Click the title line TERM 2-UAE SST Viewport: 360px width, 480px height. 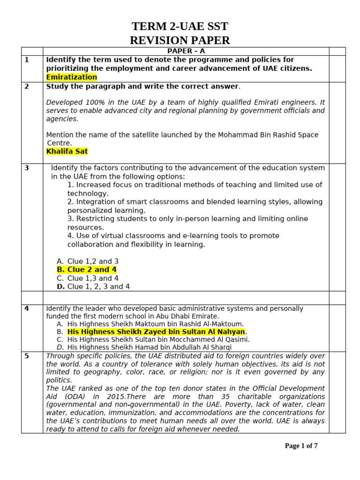pos(180,26)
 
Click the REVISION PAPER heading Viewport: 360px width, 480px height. pos(180,40)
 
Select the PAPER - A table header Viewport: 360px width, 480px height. pos(186,51)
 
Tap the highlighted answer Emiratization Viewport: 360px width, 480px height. pos(71,77)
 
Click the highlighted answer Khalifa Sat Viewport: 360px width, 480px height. pos(67,151)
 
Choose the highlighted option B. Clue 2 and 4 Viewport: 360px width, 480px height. pos(87,270)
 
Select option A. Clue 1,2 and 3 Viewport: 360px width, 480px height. pos(88,261)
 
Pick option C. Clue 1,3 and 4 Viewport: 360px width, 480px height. pos(88,278)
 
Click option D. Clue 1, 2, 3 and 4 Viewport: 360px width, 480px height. pos(93,286)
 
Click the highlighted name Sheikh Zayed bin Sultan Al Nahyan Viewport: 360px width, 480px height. pos(156,332)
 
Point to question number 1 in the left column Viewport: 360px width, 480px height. pos(27,60)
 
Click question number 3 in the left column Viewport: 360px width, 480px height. pos(27,168)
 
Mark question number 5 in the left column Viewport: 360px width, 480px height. pos(27,356)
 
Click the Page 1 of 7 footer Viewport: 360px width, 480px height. pos(301,446)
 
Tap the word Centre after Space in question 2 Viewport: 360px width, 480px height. pos(59,142)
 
